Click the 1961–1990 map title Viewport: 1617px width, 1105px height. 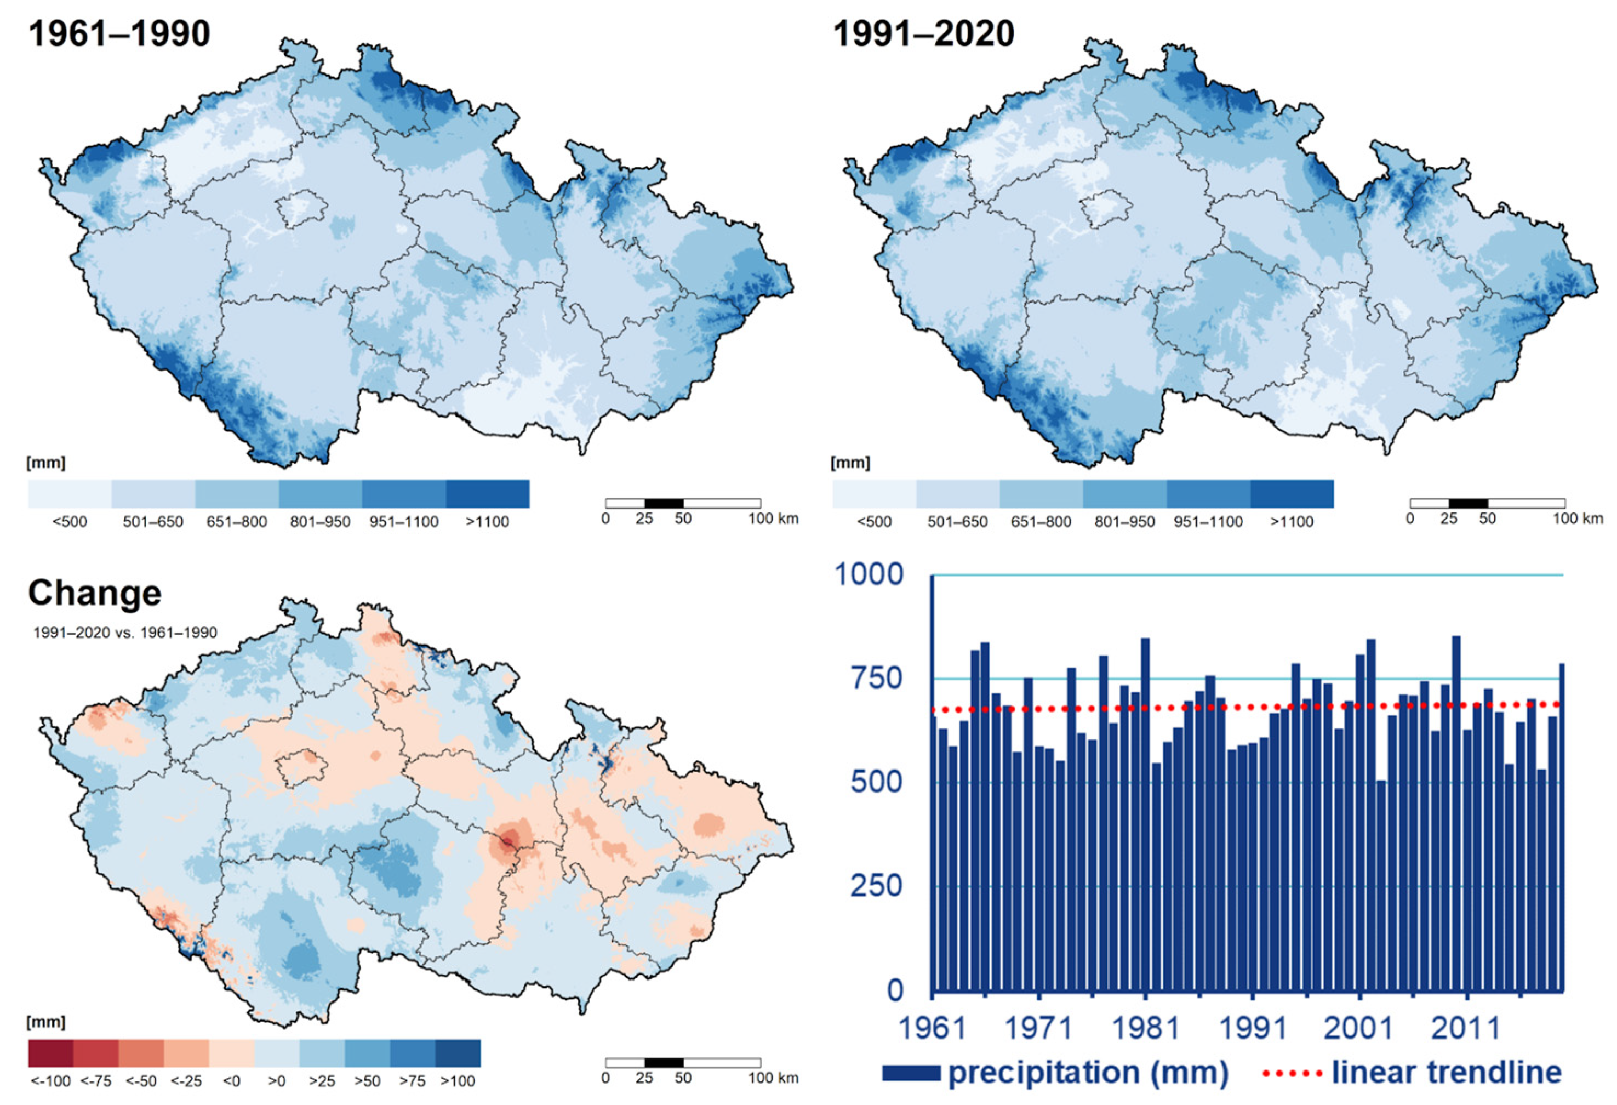[x=119, y=33]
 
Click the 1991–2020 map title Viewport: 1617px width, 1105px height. [x=923, y=33]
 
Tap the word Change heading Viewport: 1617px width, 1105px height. [x=95, y=593]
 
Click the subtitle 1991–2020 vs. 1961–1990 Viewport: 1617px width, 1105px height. [x=125, y=633]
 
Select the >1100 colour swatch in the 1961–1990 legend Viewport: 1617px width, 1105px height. [x=487, y=493]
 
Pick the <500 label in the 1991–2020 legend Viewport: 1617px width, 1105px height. [x=874, y=522]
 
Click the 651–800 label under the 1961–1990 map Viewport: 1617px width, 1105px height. [x=237, y=522]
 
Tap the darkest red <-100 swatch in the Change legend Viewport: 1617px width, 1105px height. [x=50, y=1053]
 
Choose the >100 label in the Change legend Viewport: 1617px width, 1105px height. [x=458, y=1081]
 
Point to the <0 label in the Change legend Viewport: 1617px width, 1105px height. [x=232, y=1081]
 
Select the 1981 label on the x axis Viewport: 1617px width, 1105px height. [x=1145, y=1028]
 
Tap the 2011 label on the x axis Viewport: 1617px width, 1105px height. [x=1465, y=1028]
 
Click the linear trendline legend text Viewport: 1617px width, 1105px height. [x=1447, y=1072]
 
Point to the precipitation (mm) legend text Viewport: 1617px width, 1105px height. [x=1088, y=1072]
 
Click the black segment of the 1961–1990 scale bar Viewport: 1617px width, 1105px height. [x=664, y=503]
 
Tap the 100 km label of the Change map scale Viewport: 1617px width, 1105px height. [x=773, y=1078]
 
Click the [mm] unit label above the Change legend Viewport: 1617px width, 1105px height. [x=46, y=1022]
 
